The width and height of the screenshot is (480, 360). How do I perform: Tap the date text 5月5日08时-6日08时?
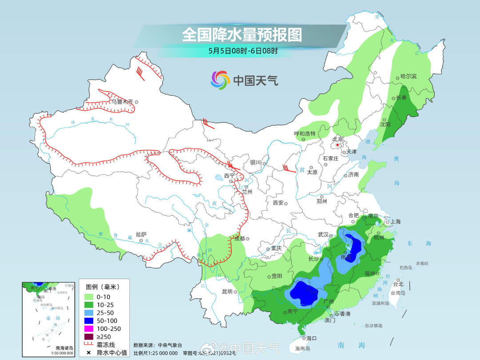(x=243, y=50)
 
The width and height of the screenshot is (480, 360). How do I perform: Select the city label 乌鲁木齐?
(x=122, y=101)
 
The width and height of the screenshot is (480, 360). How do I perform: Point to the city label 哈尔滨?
(x=408, y=76)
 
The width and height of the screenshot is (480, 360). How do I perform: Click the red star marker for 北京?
(x=338, y=145)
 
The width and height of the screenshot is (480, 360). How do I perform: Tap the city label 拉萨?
(x=141, y=234)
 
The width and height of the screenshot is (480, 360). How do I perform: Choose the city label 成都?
(x=239, y=239)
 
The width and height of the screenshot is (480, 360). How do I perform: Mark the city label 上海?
(x=395, y=221)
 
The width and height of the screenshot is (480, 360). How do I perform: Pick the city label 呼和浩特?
(x=304, y=133)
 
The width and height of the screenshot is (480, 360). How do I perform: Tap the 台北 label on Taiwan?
(x=398, y=284)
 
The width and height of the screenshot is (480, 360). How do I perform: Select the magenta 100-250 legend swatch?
(x=88, y=328)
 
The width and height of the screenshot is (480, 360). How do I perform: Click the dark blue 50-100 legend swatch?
(x=88, y=320)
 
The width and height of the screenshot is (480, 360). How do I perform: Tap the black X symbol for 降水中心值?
(x=88, y=353)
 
